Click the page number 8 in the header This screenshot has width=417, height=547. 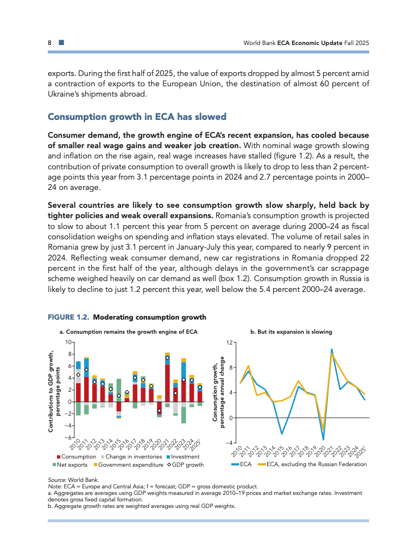pyautogui.click(x=49, y=42)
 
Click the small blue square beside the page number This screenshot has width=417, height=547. pyautogui.click(x=60, y=42)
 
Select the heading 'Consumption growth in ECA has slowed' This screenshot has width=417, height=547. pyautogui.click(x=137, y=117)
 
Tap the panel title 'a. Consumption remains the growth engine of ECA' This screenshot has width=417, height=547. pyautogui.click(x=128, y=331)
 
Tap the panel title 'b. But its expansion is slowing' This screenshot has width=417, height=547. pyautogui.click(x=291, y=331)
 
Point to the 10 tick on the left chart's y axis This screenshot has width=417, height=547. pyautogui.click(x=68, y=342)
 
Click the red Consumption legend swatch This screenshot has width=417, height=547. pyautogui.click(x=59, y=457)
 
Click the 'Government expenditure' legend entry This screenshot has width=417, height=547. pyautogui.click(x=131, y=465)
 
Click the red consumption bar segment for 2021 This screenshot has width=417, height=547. pyautogui.click(x=167, y=383)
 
